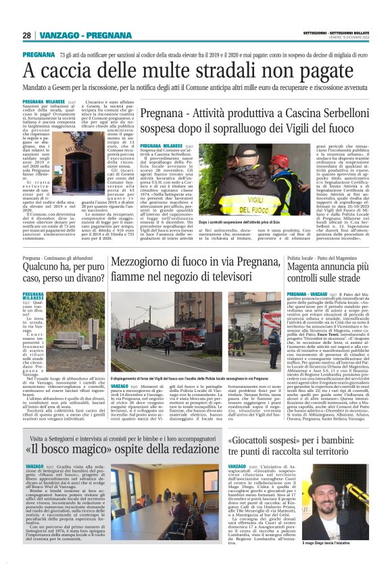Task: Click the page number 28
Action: (26, 35)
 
